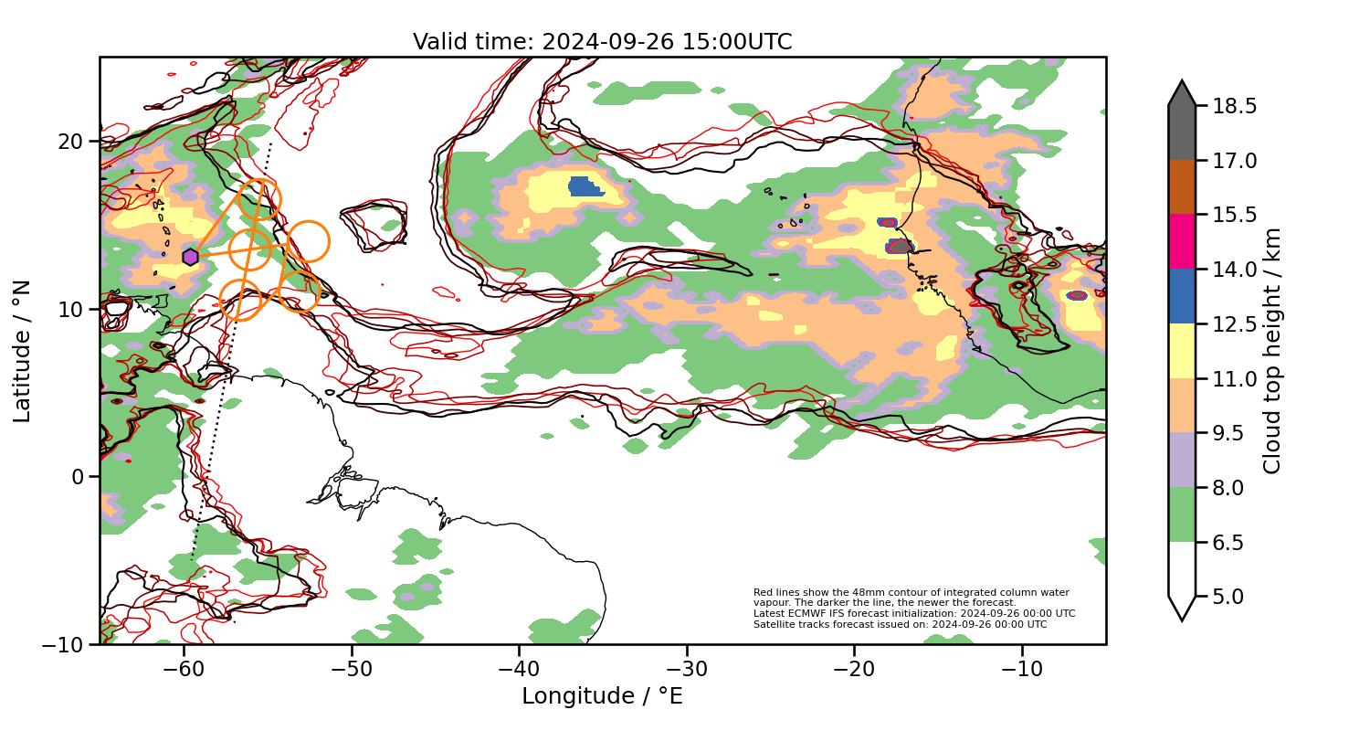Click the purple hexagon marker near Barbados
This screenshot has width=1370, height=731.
point(190,258)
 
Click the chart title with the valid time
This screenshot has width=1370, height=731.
point(602,42)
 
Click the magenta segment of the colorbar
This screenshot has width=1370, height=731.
point(1182,241)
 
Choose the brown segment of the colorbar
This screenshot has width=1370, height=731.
point(1182,187)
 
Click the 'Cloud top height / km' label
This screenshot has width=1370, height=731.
point(1272,351)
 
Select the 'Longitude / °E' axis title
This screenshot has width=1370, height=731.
point(602,696)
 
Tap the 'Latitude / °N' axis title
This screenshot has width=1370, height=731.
point(22,351)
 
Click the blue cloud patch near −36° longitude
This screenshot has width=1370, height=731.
point(585,187)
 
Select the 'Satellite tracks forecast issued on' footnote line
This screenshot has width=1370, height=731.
point(900,624)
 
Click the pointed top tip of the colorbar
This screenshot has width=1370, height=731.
point(1182,82)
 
